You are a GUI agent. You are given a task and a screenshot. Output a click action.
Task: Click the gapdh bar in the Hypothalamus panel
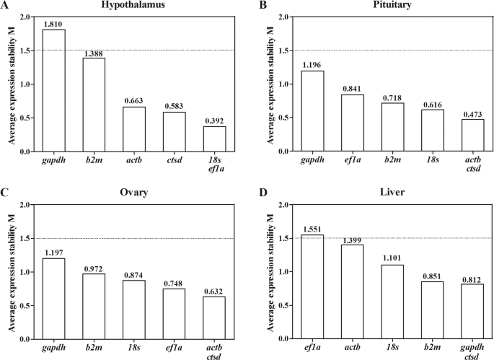54,90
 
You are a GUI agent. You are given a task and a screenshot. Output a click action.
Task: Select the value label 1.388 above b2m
94,53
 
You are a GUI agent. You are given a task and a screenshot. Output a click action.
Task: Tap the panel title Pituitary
374,5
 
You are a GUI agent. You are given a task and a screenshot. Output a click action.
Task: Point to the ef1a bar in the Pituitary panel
353,123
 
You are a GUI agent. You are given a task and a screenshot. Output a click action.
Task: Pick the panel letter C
5,193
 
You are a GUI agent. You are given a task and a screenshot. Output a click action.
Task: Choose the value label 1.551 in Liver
313,229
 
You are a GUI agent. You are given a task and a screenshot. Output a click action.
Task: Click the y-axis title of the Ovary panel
9,272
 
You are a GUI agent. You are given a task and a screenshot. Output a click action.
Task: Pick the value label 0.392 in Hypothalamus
214,120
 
